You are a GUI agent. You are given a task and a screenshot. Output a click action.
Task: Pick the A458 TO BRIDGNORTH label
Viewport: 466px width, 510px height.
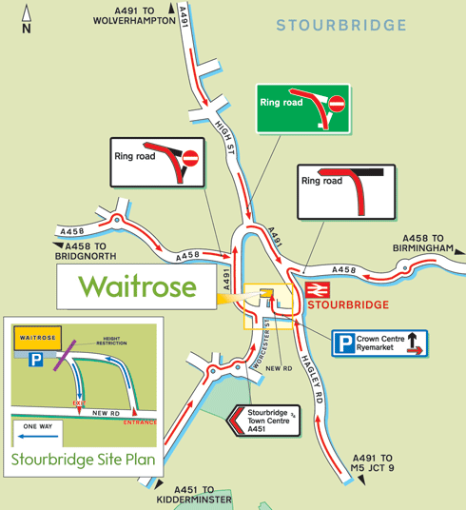pos(87,252)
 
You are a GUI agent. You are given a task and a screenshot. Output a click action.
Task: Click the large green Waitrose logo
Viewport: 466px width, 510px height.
pos(138,286)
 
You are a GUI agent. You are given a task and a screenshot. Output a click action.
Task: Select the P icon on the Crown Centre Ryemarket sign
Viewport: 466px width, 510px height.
pos(344,343)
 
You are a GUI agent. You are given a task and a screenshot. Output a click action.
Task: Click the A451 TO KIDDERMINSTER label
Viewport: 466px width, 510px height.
pos(196,494)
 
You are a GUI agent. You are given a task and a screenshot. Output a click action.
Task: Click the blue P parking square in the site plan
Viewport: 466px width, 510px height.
pos(36,360)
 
